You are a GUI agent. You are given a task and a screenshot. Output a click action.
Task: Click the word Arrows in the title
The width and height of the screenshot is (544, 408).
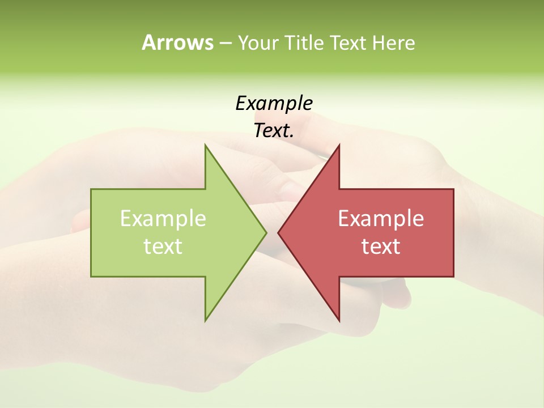coord(177,42)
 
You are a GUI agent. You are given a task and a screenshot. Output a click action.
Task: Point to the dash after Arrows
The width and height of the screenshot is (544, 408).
coord(225,43)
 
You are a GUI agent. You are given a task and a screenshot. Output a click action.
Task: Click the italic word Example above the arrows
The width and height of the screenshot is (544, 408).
coord(274,103)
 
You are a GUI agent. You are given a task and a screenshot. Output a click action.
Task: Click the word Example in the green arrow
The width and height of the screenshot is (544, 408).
coord(163,218)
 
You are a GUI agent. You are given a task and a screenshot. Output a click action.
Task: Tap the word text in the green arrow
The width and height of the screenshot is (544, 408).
coord(163,246)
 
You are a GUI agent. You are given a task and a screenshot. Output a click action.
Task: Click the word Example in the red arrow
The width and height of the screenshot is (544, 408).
coord(381,218)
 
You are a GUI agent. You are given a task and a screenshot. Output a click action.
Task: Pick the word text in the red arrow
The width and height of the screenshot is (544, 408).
coord(381,246)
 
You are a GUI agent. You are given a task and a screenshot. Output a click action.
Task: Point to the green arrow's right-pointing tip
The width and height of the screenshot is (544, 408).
coord(266,232)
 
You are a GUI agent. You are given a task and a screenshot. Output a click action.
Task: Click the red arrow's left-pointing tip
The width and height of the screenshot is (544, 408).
coord(278,232)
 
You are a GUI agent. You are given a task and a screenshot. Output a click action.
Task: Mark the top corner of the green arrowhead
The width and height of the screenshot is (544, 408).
coord(205,145)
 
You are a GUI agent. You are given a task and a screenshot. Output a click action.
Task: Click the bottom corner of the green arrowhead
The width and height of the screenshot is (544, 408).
coord(205,320)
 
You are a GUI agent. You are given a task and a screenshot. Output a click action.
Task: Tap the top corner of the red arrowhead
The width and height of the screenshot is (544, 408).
coord(339,145)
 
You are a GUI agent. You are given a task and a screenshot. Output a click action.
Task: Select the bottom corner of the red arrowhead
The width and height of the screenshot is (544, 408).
coord(339,320)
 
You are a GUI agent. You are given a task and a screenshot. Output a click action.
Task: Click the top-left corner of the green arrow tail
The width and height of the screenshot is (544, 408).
coord(91,189)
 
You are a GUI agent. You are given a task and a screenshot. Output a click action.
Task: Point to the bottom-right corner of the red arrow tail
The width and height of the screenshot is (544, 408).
coord(453,277)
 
